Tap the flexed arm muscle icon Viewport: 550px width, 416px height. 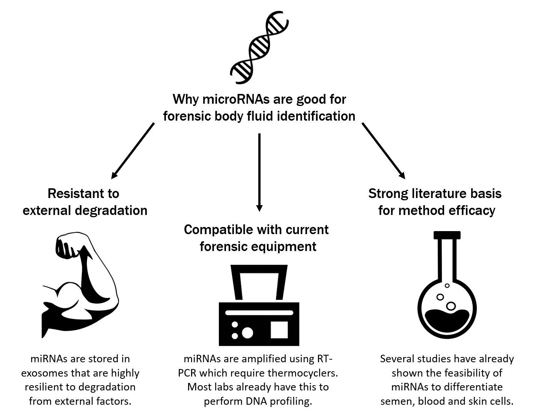(80, 286)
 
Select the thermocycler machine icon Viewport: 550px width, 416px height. (259, 306)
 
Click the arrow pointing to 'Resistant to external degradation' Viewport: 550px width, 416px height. (133, 150)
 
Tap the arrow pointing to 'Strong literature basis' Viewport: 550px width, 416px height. (383, 150)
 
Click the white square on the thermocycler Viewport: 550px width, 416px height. (279, 330)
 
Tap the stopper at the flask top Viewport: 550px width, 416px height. (447, 235)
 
